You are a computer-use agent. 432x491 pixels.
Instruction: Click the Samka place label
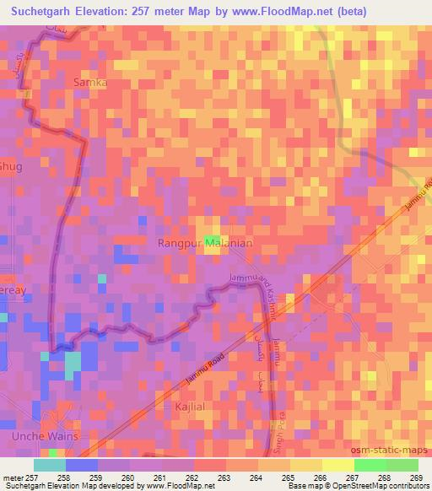coord(91,83)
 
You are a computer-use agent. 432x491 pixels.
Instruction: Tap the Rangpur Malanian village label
coord(206,242)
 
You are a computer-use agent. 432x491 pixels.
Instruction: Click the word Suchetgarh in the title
coord(40,10)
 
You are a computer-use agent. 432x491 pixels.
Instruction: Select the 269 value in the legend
coord(414,477)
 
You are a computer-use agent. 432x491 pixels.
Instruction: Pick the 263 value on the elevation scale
coord(224,477)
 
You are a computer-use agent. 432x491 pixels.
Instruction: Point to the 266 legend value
coord(319,477)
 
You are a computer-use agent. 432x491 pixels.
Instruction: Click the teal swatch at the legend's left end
coord(50,465)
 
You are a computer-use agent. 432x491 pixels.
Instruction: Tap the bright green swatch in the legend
coord(370,465)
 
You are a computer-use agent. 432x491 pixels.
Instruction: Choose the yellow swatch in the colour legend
coord(338,465)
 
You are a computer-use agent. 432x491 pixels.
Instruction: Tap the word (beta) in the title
coord(401,10)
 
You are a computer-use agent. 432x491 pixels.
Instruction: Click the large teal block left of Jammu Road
coord(73,364)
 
